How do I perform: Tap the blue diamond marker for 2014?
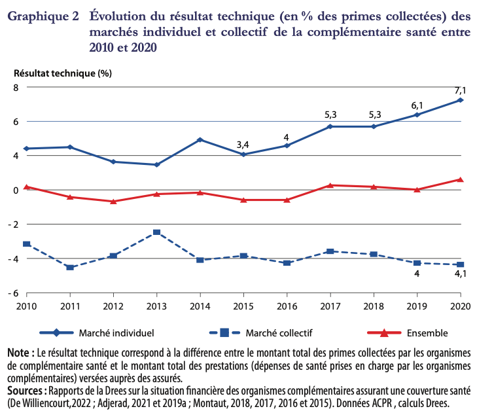[x=200, y=140]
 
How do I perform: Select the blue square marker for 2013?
[x=156, y=232]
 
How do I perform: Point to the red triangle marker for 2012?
[x=113, y=201]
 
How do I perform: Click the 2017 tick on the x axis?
[x=330, y=306]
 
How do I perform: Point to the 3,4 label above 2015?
[x=243, y=145]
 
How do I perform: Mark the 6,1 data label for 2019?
[x=417, y=105]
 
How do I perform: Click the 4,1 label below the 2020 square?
[x=460, y=275]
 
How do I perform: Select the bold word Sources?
[x=26, y=391]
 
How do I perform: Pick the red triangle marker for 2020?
[x=460, y=179]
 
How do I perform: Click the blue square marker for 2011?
[x=70, y=267]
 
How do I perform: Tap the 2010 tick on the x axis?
[x=26, y=306]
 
